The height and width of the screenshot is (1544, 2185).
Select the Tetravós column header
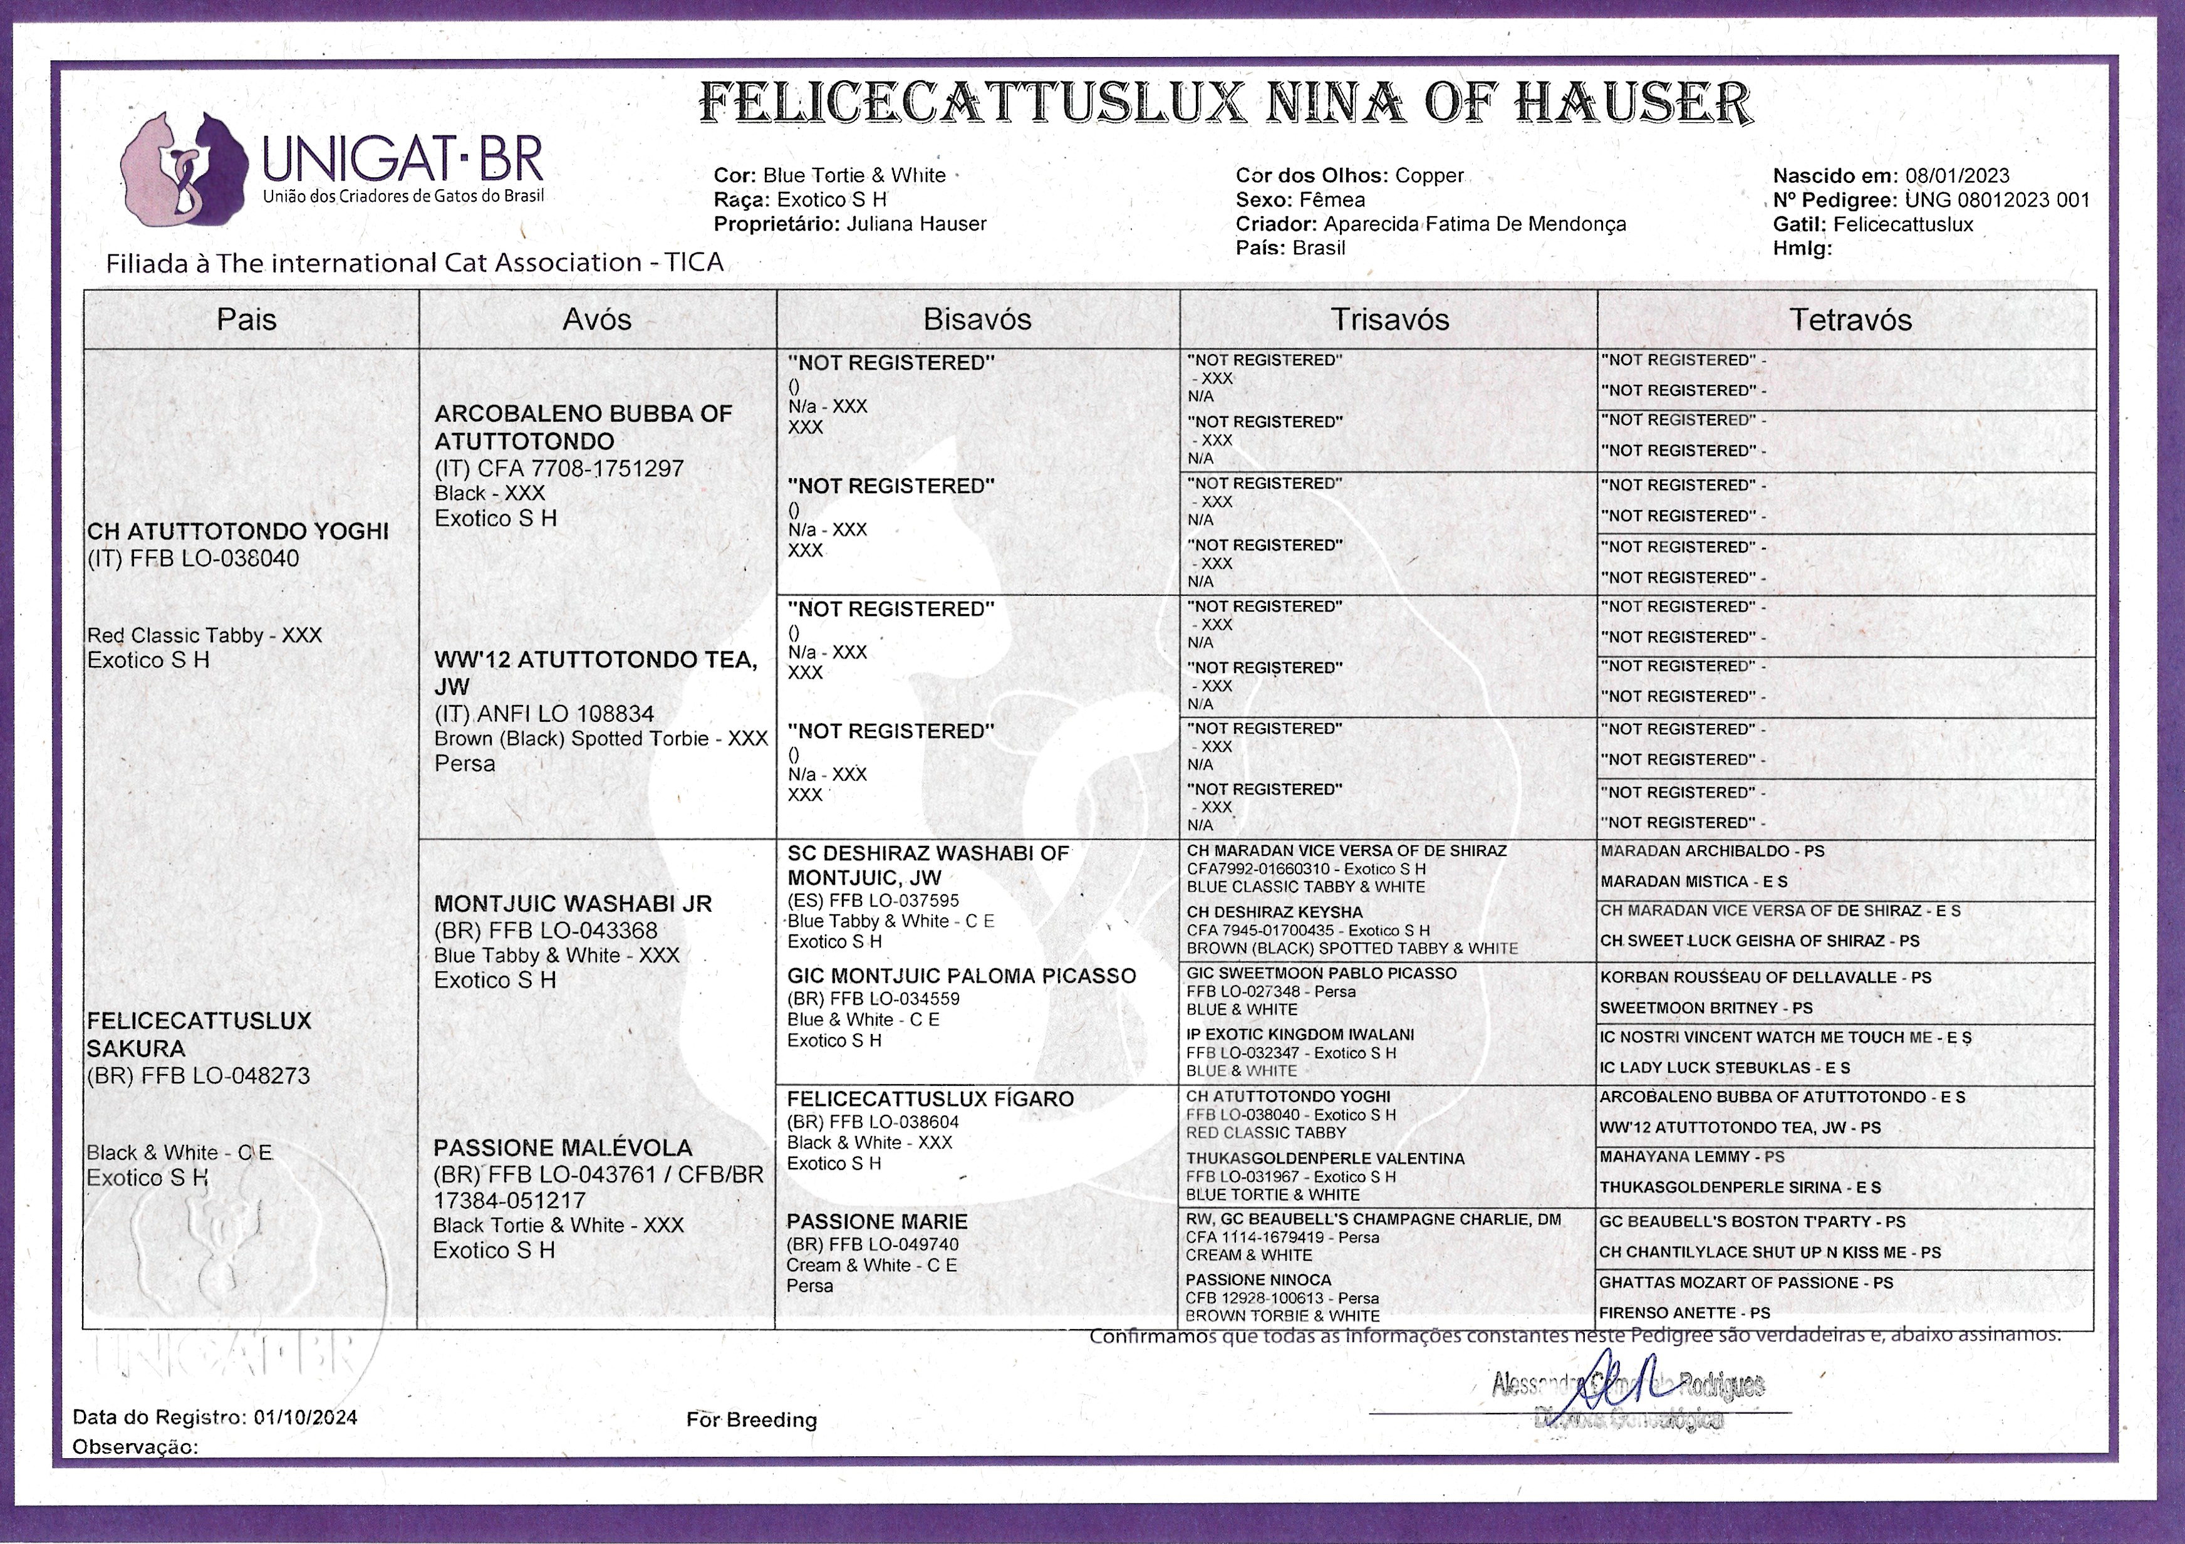click(x=1850, y=320)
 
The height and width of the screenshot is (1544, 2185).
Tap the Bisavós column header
click(x=977, y=320)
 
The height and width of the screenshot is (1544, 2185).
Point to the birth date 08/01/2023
click(x=1956, y=176)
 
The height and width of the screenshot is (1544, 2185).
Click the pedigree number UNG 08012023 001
click(x=1996, y=200)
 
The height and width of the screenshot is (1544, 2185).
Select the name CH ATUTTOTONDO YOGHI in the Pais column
click(x=238, y=531)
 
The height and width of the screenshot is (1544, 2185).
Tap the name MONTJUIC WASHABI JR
click(x=573, y=904)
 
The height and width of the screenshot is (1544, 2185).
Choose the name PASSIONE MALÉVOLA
click(x=563, y=1148)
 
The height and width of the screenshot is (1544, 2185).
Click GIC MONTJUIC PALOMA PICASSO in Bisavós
click(x=961, y=976)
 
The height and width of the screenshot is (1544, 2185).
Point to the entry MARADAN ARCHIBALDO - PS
click(x=1711, y=851)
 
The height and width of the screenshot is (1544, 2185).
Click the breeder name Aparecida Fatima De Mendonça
click(x=1474, y=224)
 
